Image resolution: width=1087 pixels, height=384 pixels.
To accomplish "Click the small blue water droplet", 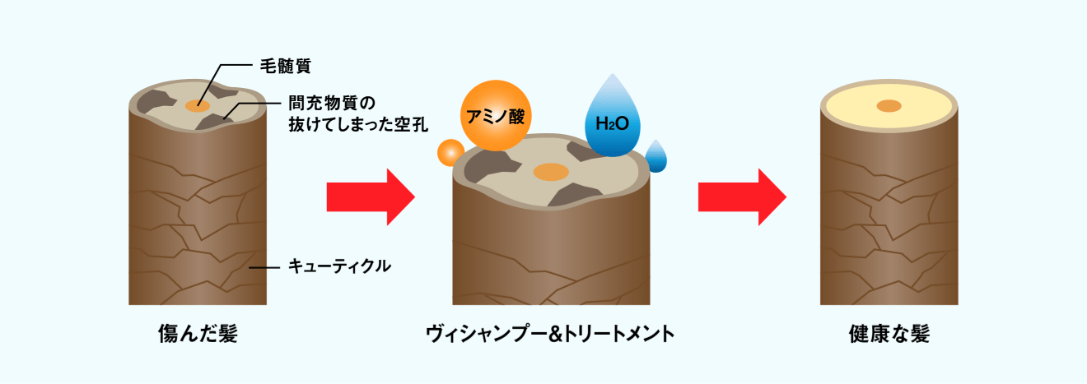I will [656, 156].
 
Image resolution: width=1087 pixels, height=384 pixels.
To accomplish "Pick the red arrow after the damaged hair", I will [370, 197].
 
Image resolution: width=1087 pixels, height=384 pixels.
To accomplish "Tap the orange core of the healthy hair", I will [889, 106].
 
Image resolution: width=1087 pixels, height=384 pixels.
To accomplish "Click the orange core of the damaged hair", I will [198, 106].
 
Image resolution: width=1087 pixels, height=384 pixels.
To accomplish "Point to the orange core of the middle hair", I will [551, 172].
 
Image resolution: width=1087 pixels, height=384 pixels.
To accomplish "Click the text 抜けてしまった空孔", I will [358, 123].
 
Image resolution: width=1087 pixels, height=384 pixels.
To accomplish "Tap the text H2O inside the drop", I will [612, 125].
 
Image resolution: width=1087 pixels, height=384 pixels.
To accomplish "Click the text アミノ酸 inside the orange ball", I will [495, 116].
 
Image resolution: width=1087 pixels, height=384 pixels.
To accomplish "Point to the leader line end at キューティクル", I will [251, 266].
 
